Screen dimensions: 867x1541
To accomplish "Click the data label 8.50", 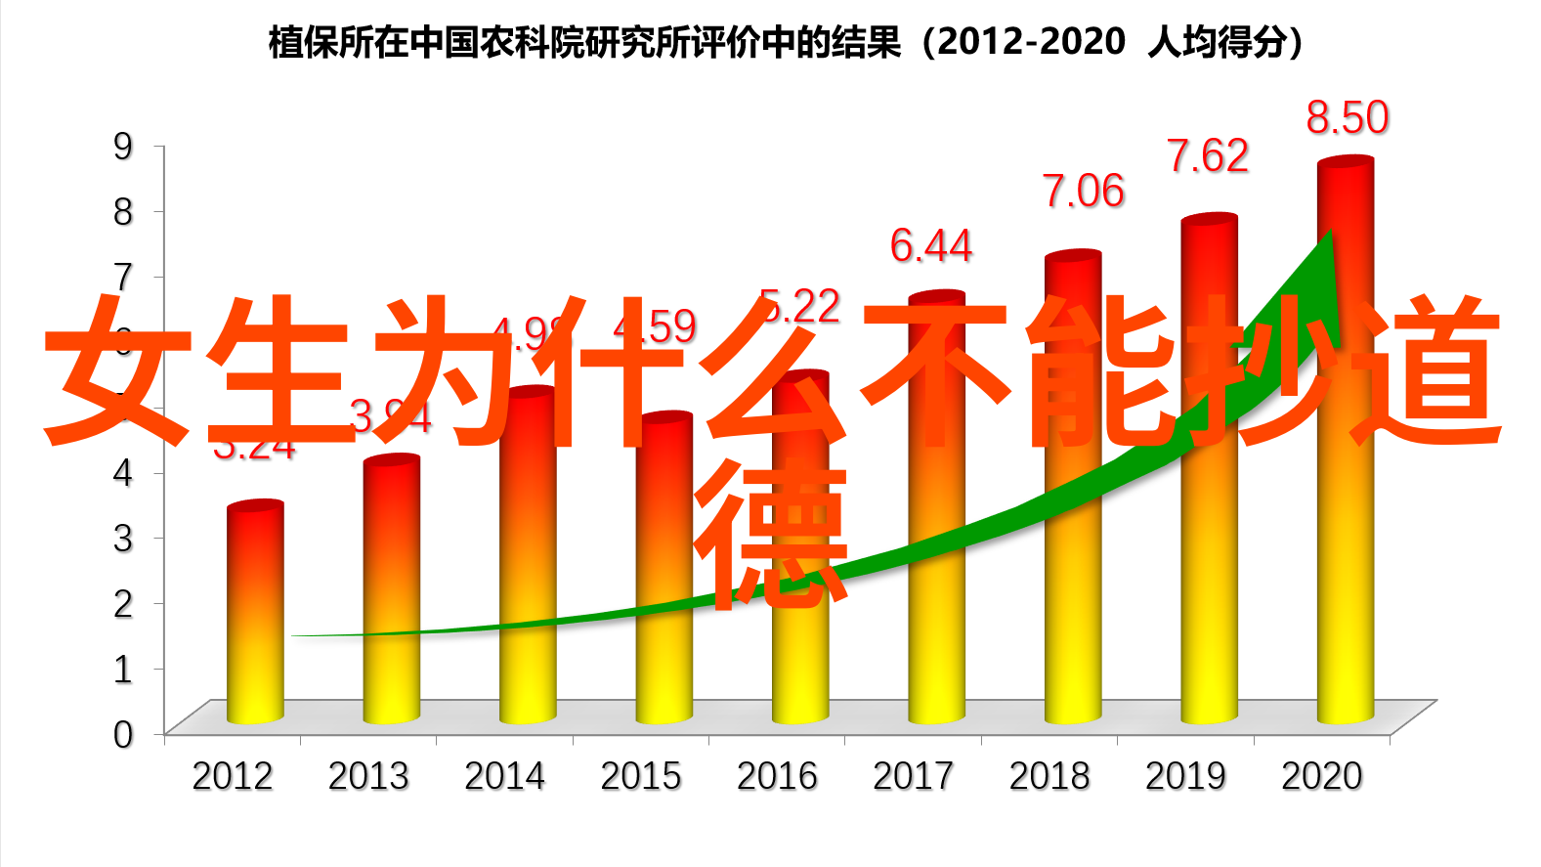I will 1348,118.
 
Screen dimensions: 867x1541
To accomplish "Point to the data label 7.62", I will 1208,156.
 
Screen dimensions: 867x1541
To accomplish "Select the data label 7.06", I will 1083,192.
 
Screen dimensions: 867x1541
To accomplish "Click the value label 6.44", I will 930,246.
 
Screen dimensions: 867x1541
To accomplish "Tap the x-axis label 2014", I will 504,777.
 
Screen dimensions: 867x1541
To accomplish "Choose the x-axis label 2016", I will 777,777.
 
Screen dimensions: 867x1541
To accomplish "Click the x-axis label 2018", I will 1049,777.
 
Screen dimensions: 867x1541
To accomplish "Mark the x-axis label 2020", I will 1321,777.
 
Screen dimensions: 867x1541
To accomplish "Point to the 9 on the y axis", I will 123,147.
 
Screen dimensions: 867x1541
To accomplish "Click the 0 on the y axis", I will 123,734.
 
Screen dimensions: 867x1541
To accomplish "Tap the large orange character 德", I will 771,533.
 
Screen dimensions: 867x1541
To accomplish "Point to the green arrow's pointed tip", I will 1329,233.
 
